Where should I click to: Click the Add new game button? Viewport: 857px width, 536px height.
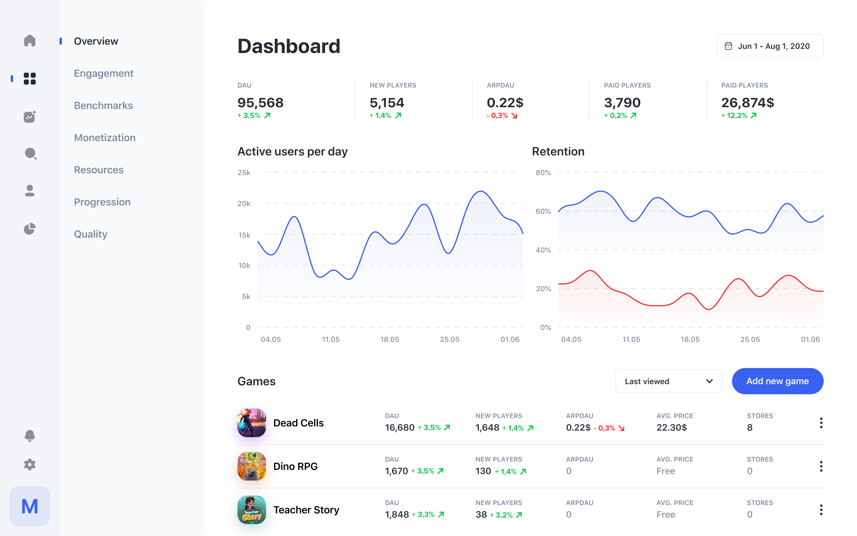coord(777,381)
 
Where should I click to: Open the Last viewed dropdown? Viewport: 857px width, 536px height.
coord(668,381)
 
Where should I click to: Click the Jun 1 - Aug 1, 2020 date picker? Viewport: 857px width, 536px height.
coord(770,46)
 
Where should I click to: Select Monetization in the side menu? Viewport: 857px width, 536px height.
coord(104,138)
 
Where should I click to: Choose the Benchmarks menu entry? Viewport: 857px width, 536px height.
coord(103,105)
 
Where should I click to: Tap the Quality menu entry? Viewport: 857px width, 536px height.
coord(90,234)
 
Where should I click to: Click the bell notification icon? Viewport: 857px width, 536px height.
coord(30,435)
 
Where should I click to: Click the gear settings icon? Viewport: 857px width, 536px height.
coord(30,465)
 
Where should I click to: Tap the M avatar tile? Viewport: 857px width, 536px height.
coord(30,506)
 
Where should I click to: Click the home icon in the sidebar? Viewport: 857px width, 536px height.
coord(30,40)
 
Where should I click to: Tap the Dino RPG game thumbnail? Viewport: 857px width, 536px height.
coord(251,466)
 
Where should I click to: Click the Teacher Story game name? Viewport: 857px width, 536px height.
coord(306,510)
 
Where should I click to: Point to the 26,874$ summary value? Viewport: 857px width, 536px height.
coord(747,103)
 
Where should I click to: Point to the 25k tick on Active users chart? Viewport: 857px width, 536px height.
coord(244,173)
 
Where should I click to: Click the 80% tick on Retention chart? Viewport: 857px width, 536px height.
coord(543,173)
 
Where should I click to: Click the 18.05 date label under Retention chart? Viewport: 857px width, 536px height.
coord(690,339)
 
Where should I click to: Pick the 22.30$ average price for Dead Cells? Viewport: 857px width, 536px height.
coord(671,428)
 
